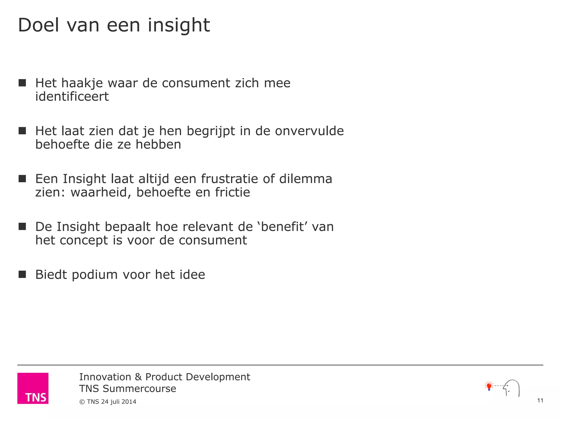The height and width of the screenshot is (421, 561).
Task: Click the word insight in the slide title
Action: pos(179,25)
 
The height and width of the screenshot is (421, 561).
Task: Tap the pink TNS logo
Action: pos(33,388)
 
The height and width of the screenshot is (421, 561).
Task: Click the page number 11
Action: pos(540,400)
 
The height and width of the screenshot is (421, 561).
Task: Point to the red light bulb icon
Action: pos(489,386)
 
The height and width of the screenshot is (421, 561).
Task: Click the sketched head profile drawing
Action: pos(512,388)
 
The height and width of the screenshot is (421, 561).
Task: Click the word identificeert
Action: pos(72,96)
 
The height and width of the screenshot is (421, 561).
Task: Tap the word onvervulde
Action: pos(309,131)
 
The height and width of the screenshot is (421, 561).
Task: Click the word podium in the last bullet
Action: pos(95,275)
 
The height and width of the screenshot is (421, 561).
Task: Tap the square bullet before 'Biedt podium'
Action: pos(22,274)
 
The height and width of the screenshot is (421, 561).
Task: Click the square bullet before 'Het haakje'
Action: pos(22,83)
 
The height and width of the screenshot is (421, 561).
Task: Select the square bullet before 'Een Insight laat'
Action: pos(22,179)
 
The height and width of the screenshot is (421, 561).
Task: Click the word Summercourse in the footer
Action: pos(139,389)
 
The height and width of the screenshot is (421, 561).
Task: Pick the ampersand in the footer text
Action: pos(138,377)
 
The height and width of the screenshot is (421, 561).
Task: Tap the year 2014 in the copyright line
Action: pos(129,402)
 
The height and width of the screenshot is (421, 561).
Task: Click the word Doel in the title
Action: pos(38,25)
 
